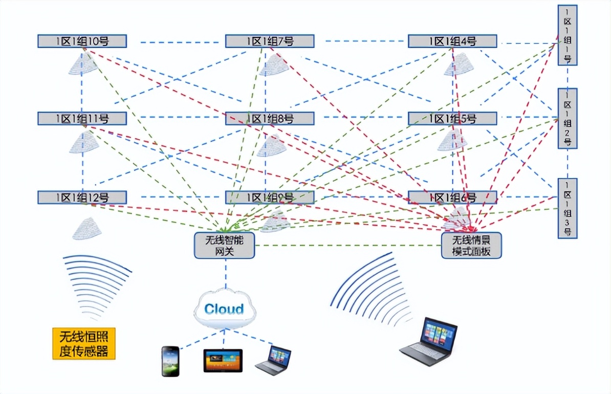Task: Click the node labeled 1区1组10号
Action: [82, 41]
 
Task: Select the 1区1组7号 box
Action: [270, 41]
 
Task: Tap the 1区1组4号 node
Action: [452, 41]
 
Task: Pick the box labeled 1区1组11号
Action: [82, 119]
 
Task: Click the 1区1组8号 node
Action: [270, 119]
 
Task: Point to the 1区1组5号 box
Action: [452, 119]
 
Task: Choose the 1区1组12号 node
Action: [82, 198]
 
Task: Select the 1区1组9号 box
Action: [270, 198]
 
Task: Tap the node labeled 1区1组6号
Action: [452, 198]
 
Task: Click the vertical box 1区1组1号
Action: [568, 35]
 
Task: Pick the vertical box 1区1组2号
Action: [568, 118]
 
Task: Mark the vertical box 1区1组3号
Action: [568, 208]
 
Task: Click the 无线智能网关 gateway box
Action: [224, 245]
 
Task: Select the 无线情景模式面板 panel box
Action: [472, 245]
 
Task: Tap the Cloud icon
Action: [224, 309]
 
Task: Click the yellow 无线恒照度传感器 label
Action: [84, 343]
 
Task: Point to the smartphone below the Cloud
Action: [170, 361]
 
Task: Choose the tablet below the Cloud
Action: [223, 361]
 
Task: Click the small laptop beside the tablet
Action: [273, 361]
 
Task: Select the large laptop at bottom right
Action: [429, 342]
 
